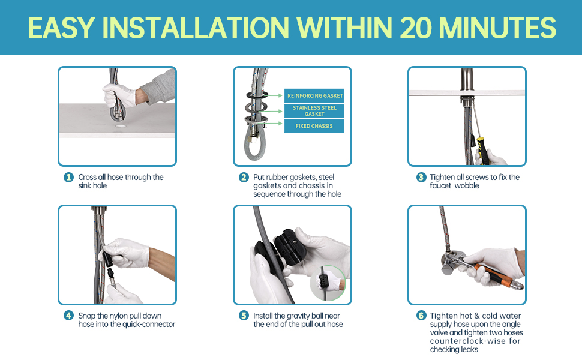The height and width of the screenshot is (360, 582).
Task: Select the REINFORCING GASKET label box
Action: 314,96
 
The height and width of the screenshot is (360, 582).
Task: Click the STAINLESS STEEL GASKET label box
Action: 314,110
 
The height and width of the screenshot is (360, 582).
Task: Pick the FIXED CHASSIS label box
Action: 314,126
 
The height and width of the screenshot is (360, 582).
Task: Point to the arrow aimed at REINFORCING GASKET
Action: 274,96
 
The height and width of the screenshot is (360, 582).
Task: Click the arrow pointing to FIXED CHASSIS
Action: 274,123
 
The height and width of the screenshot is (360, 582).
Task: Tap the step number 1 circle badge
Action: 68,177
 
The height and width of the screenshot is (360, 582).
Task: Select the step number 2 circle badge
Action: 244,177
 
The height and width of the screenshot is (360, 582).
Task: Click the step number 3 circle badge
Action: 421,177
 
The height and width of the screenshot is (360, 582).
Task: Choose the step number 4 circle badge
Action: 68,316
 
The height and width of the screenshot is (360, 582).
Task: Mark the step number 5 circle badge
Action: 244,316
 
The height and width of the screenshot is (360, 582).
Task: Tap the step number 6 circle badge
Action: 421,316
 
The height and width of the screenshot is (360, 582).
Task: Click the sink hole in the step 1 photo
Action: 120,126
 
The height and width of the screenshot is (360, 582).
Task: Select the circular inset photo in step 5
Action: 328,283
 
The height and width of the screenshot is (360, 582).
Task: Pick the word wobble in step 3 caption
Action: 467,185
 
